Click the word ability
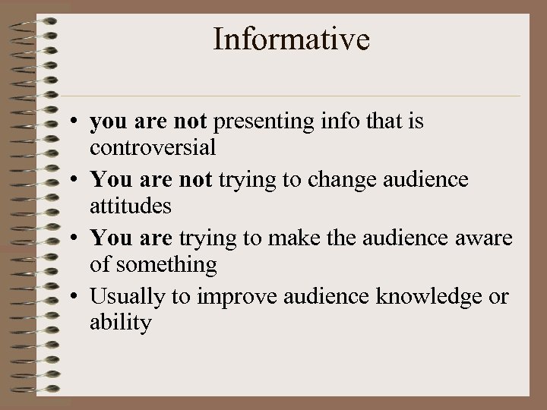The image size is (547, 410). [121, 323]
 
